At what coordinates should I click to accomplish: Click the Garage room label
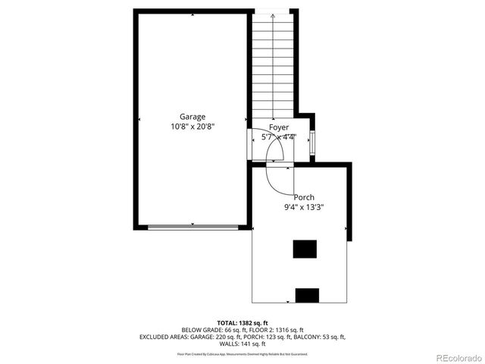(192, 117)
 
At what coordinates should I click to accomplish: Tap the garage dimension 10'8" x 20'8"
(192, 127)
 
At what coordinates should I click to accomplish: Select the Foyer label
(278, 127)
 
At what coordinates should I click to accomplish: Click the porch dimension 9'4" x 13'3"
(305, 207)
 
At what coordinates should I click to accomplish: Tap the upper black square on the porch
(305, 249)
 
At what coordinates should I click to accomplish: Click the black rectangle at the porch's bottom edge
(307, 296)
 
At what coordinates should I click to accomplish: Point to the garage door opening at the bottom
(192, 226)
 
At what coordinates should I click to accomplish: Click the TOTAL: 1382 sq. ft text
(242, 323)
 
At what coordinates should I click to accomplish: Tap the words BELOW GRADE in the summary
(202, 330)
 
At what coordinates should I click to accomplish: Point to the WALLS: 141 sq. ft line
(242, 344)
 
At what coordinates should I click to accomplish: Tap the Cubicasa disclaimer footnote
(242, 353)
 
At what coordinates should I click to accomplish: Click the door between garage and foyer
(252, 141)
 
